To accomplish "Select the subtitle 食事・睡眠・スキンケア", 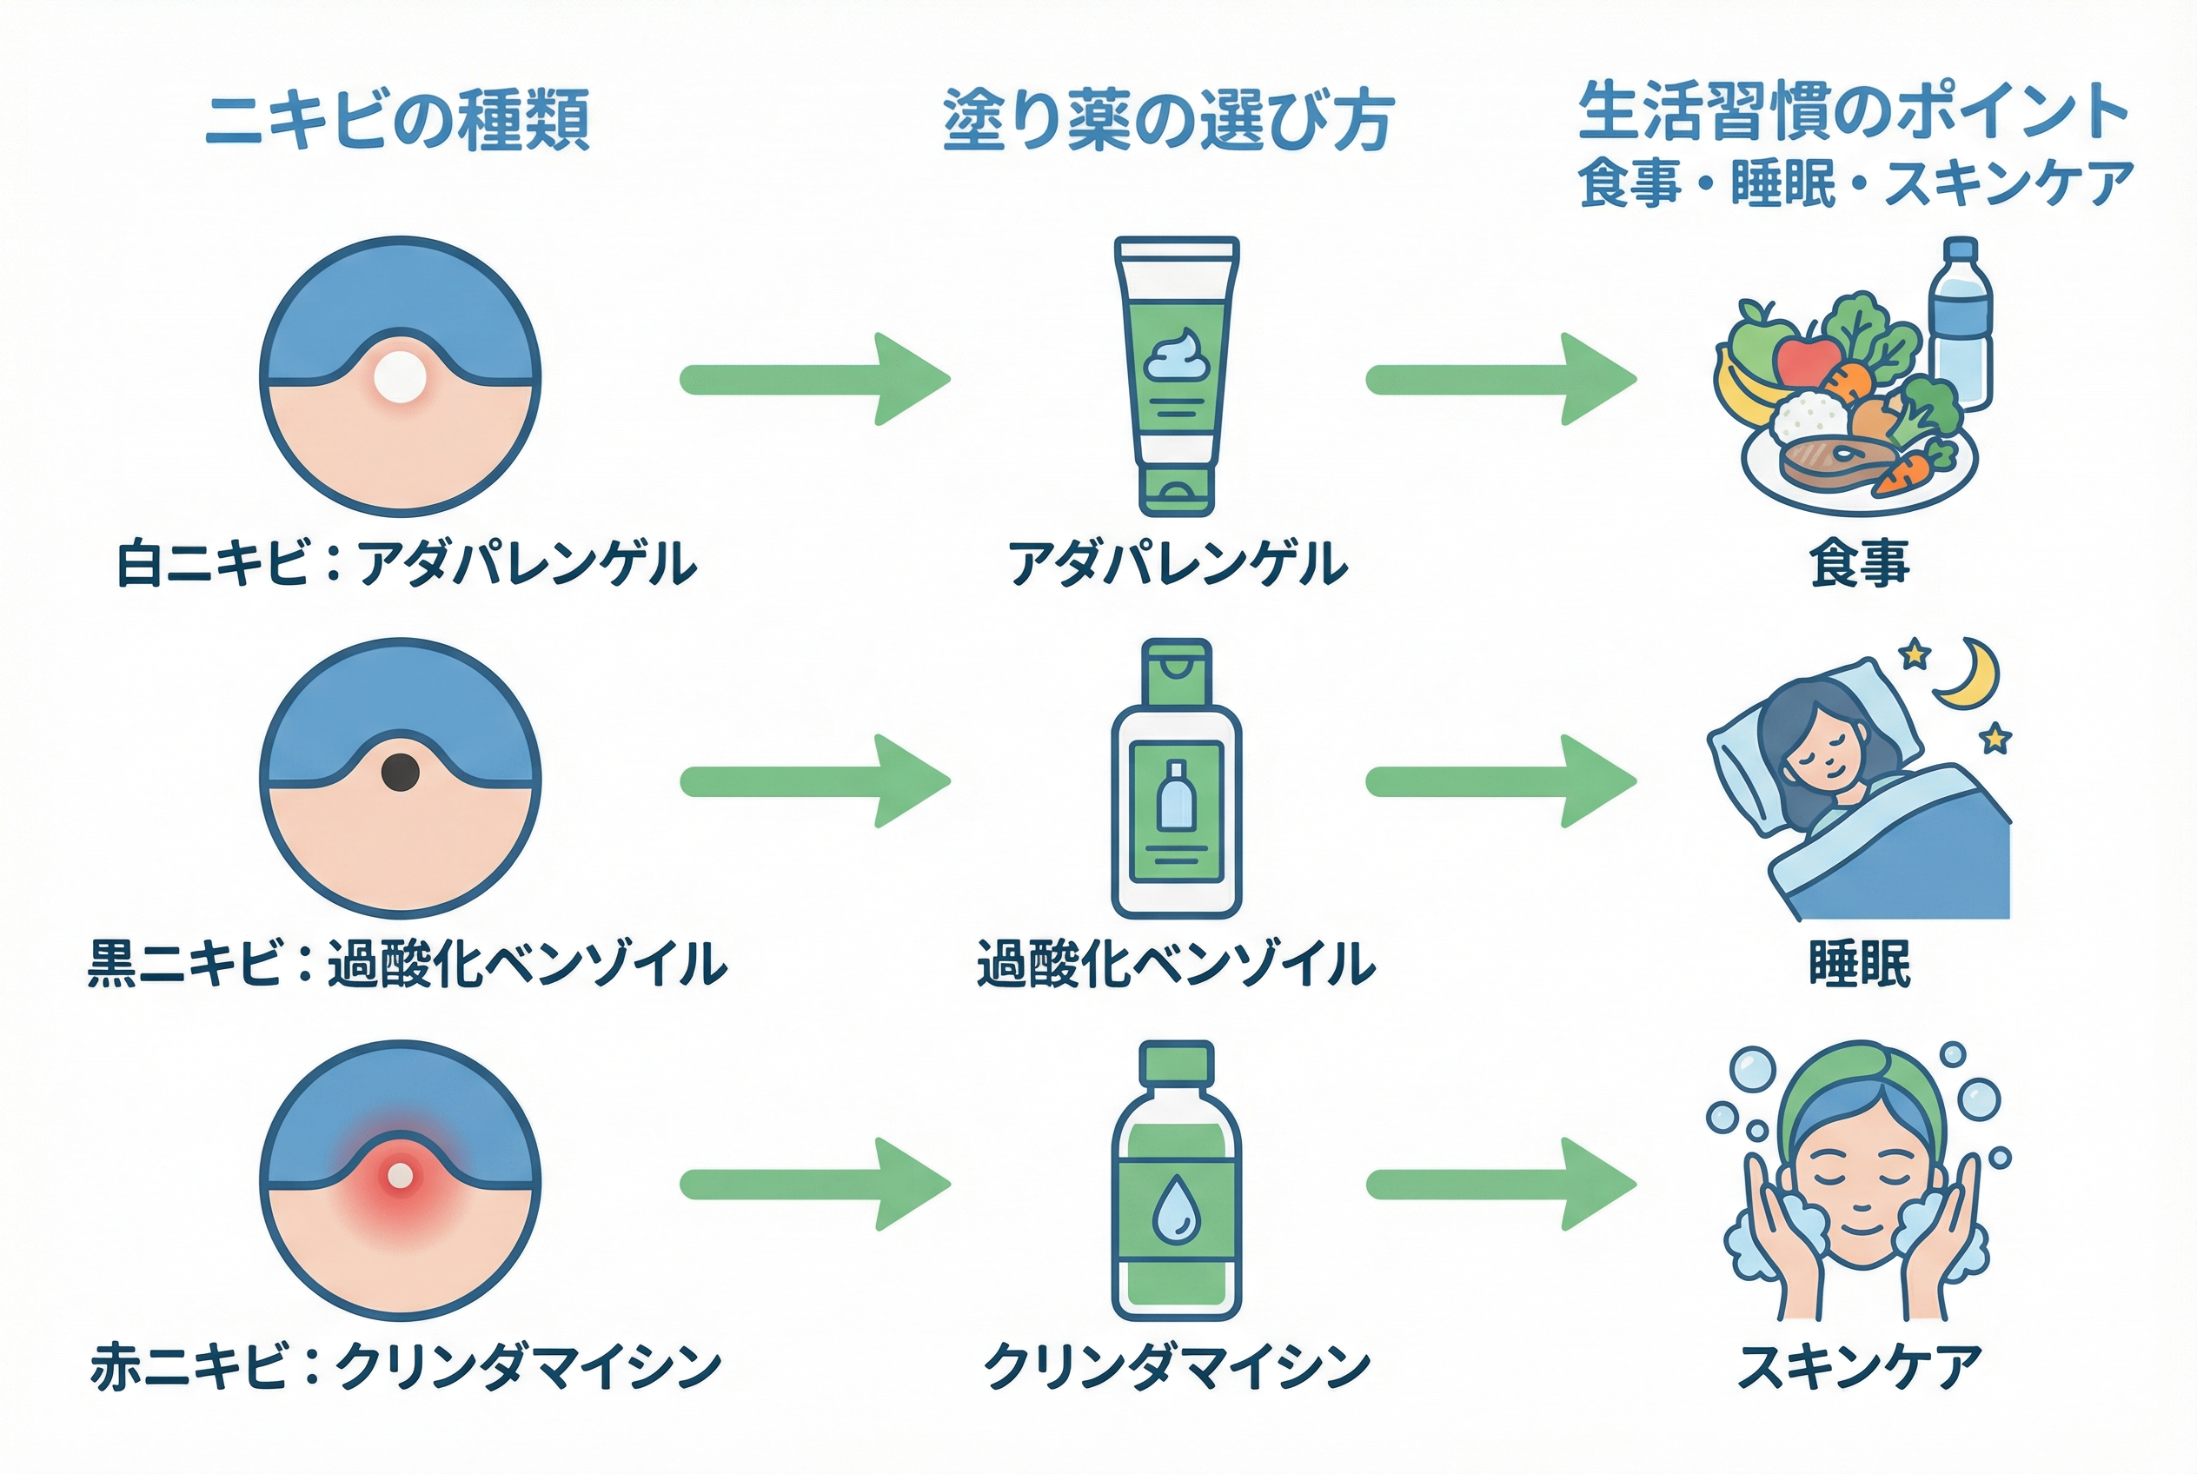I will (1855, 183).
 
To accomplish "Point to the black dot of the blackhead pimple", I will (401, 772).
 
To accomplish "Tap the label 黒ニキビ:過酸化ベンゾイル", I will (406, 965).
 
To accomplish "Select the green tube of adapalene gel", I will (1176, 376).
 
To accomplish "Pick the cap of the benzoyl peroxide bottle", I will (1176, 670).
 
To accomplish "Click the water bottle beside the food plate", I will (1960, 324).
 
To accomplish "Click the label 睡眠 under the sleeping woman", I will (1859, 965).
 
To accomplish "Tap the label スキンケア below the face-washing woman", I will (1859, 1368).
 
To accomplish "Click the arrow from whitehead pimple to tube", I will (814, 379).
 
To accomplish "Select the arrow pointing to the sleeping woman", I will (1500, 781).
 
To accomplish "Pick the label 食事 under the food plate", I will (1859, 564).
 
